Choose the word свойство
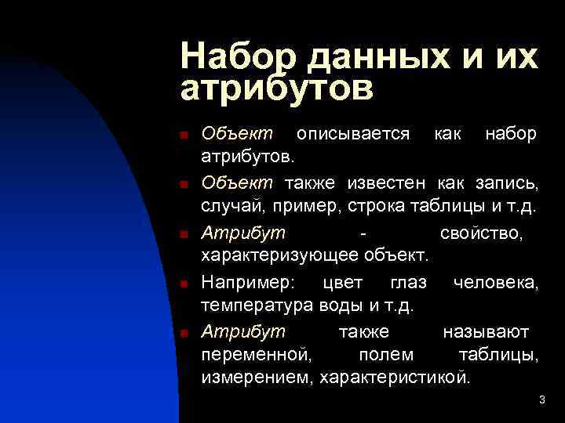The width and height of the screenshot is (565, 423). coord(480,233)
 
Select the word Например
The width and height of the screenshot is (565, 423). coord(245,283)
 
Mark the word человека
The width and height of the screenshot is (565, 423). coord(495,283)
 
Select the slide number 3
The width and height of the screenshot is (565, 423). coord(541,401)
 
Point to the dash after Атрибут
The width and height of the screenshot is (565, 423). coord(360,233)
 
